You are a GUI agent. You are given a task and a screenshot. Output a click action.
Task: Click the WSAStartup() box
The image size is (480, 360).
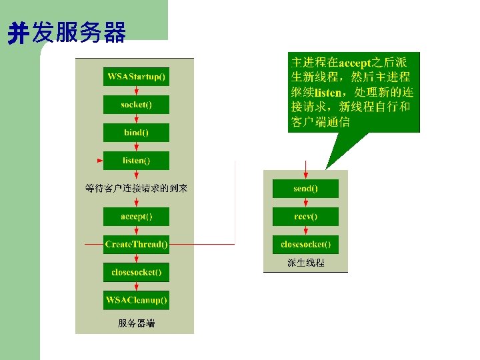tap(137, 77)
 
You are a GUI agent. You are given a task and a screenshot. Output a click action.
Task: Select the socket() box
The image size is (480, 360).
tap(137, 105)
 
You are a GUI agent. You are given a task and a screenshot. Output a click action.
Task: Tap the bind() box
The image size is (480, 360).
tap(137, 133)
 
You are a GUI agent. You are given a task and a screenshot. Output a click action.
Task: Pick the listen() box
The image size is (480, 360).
tap(137, 161)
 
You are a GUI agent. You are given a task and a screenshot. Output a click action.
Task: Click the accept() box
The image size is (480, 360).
tap(137, 217)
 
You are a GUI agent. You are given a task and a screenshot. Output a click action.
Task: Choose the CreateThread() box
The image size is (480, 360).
tap(137, 245)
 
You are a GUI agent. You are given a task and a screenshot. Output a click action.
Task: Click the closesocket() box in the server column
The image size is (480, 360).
tap(137, 273)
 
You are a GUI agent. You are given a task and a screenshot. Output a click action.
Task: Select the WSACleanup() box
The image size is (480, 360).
tap(137, 301)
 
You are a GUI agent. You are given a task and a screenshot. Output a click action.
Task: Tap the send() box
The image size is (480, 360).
tap(305, 189)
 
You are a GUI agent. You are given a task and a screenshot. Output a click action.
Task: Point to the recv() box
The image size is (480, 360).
tap(305, 217)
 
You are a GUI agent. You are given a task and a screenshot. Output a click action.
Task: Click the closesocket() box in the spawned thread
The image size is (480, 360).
tap(305, 245)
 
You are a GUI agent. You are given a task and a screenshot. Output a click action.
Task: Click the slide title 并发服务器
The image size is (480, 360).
tap(67, 33)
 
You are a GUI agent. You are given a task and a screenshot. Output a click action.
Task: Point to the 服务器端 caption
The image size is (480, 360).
tap(136, 323)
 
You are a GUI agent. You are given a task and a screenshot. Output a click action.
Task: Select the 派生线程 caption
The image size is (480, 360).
tap(305, 263)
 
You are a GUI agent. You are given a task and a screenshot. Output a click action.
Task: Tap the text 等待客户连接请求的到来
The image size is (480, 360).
tap(137, 189)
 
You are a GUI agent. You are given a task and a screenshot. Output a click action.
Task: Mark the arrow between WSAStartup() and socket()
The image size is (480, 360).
tap(137, 91)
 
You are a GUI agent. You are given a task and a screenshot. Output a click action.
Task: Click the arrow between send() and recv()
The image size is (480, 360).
tap(305, 203)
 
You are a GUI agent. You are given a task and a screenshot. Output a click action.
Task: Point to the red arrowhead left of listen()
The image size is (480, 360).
tap(100, 161)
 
